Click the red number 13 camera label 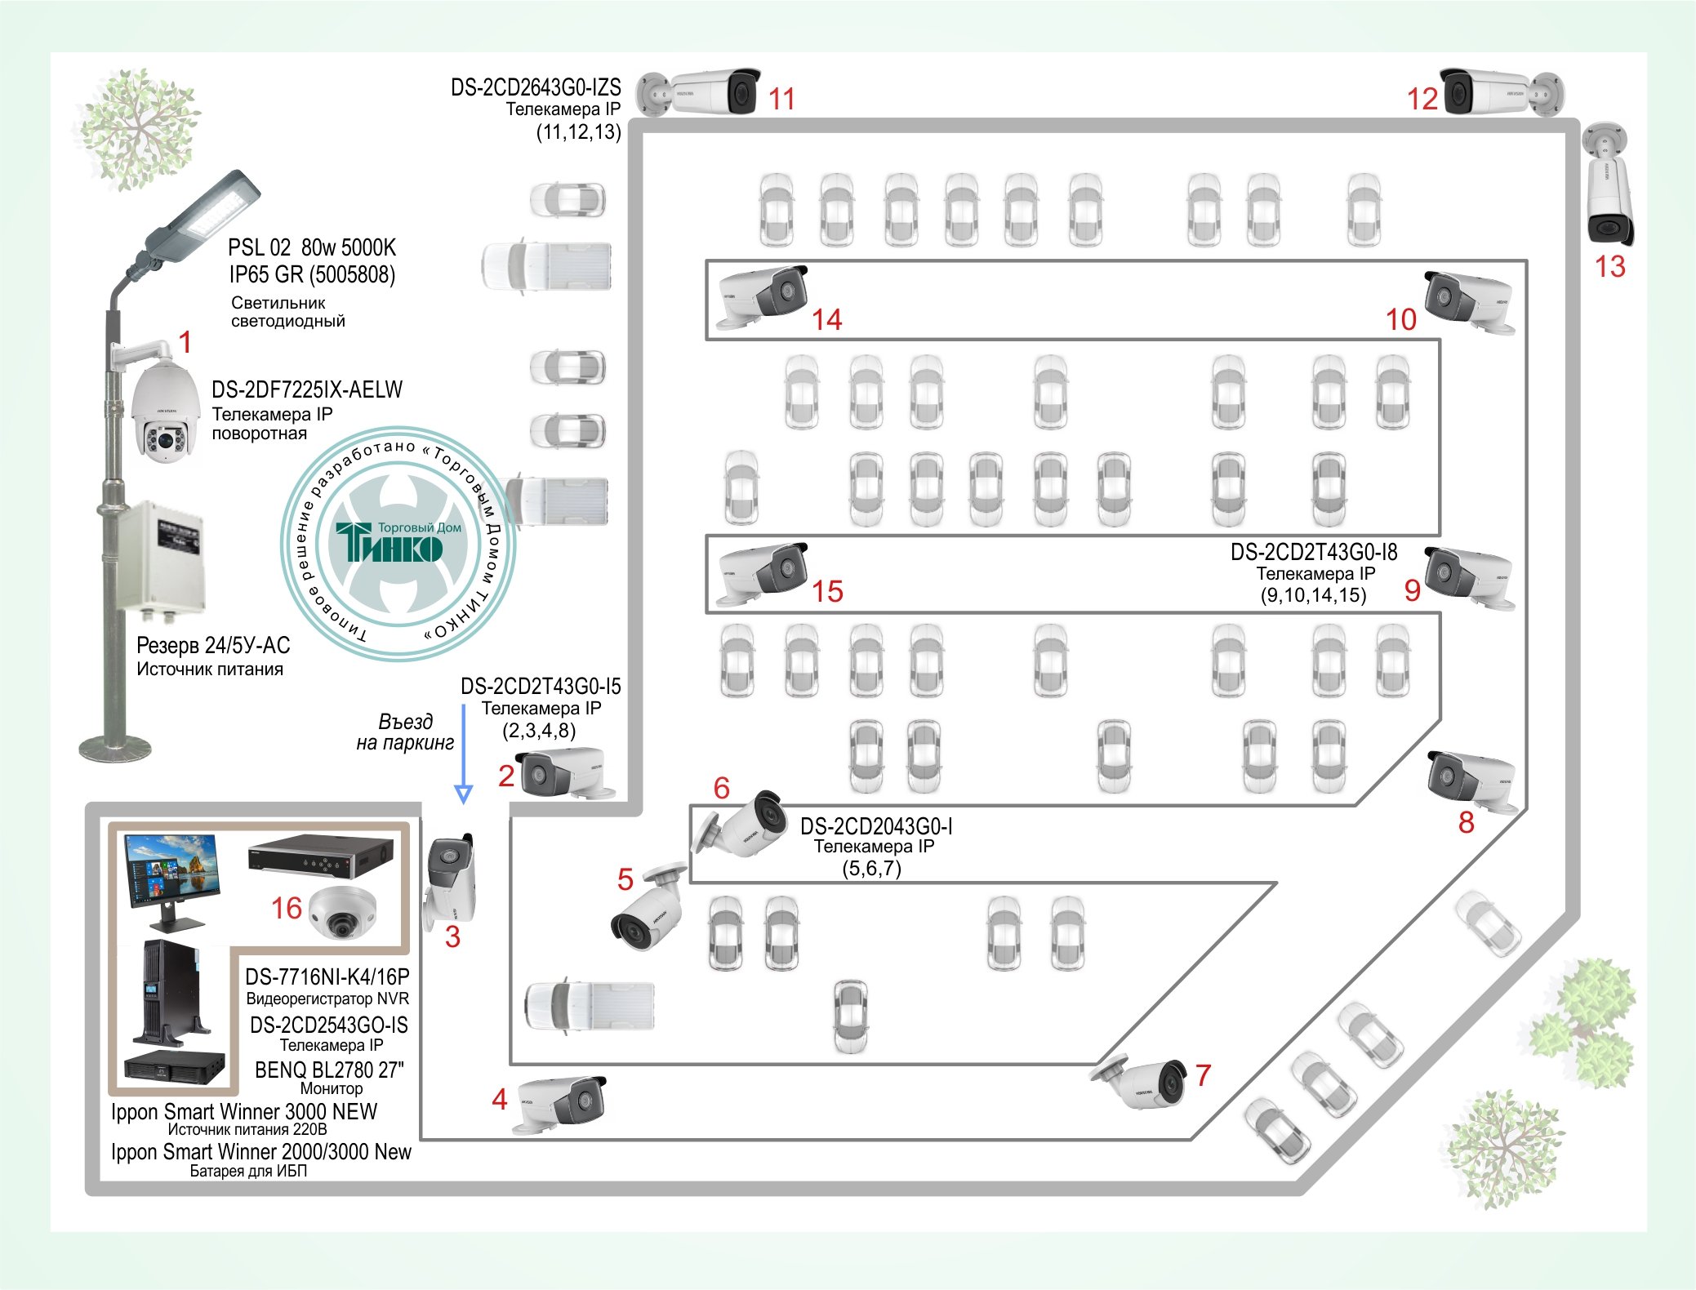(x=1609, y=267)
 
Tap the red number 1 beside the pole (x=185, y=342)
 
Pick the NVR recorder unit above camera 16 (x=322, y=853)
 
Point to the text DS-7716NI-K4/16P (x=327, y=976)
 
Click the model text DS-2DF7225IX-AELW (x=307, y=389)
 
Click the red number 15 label (x=827, y=592)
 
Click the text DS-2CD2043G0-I (x=876, y=826)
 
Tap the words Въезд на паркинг (x=405, y=732)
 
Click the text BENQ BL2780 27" (x=329, y=1070)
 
